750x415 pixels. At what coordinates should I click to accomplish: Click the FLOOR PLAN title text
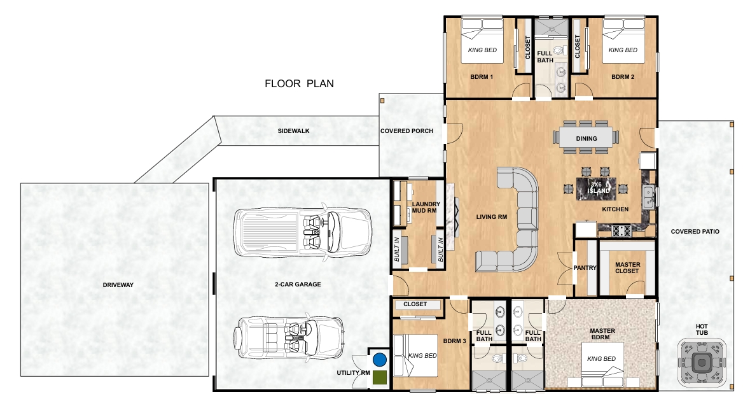point(299,83)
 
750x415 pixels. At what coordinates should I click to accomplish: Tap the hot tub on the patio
point(702,363)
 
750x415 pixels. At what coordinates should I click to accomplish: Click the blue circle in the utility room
point(380,360)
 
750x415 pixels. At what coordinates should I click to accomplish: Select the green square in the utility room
point(380,377)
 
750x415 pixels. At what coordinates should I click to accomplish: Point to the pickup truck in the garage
point(303,232)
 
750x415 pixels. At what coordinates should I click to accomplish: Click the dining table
point(587,138)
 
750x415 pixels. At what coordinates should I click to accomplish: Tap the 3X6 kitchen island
point(596,187)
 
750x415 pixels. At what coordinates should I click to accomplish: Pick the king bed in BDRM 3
point(415,356)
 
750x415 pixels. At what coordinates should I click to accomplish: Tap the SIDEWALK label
point(294,130)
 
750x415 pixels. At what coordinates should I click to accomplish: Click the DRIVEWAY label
point(118,285)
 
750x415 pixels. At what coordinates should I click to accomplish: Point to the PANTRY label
point(585,267)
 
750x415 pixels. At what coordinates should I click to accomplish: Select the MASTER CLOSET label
point(628,267)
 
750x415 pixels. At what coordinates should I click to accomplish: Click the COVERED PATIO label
point(695,231)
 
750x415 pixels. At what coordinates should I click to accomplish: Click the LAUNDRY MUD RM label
point(425,207)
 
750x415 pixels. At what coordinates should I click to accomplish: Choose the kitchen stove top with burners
point(622,230)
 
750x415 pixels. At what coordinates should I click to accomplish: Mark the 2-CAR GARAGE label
point(298,285)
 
